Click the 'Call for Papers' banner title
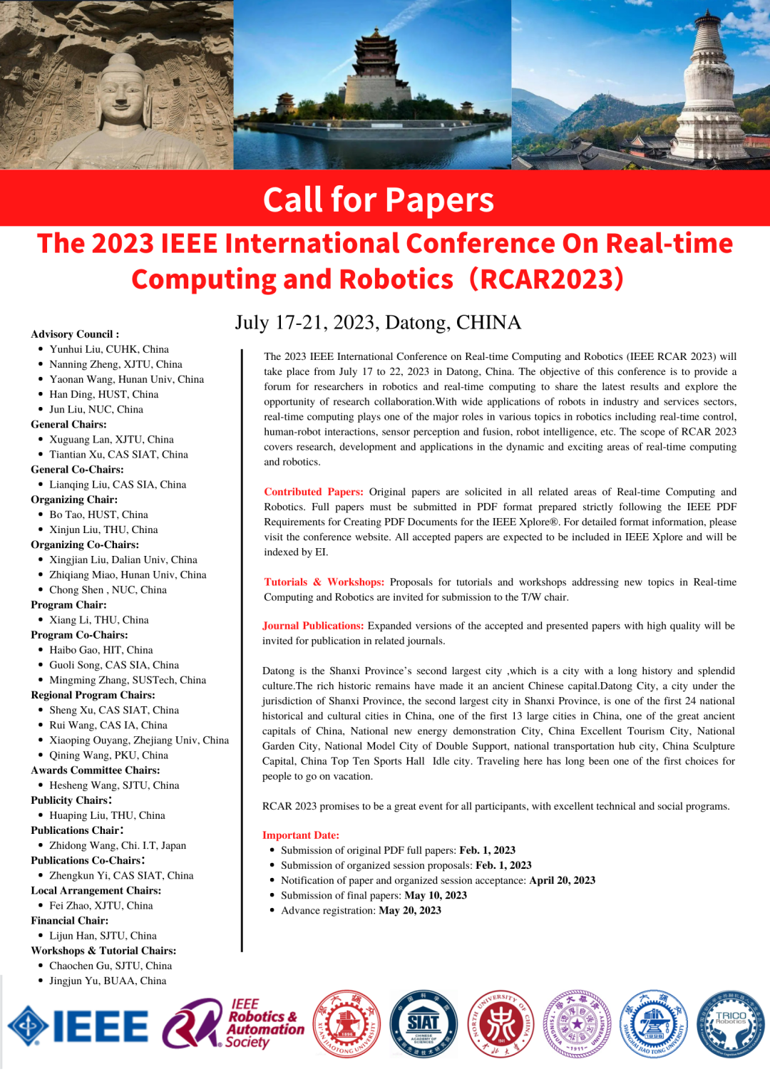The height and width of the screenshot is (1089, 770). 379,200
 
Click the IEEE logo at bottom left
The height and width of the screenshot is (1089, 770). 78,1026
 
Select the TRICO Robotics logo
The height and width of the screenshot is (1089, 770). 730,1024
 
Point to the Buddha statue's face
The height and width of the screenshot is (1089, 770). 121,92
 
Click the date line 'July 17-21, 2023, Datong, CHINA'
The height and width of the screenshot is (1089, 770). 378,323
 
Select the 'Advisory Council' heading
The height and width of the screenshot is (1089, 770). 75,334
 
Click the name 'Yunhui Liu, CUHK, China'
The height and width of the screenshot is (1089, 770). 109,349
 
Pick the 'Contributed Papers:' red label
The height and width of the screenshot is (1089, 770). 314,492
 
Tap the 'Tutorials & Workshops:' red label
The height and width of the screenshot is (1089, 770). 324,582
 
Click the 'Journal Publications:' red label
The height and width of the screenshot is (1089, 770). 313,626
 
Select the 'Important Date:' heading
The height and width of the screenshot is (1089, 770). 301,835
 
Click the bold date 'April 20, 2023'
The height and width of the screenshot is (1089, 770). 562,880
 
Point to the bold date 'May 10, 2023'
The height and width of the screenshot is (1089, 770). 436,895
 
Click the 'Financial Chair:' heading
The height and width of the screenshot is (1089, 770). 70,921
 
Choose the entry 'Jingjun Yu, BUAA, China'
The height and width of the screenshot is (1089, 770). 108,981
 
